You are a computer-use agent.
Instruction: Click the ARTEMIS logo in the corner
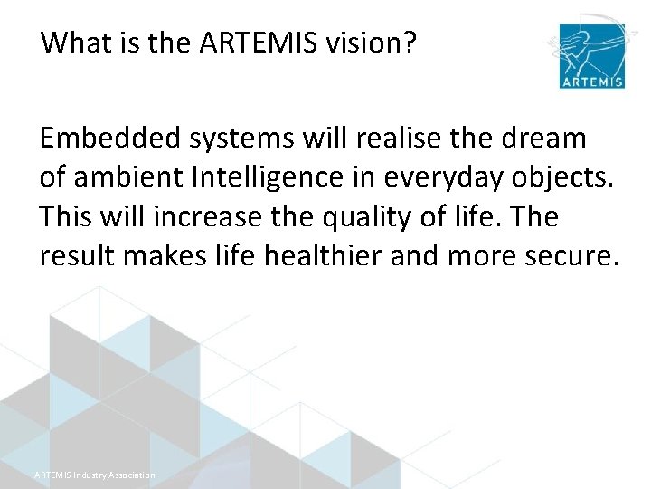[x=590, y=52]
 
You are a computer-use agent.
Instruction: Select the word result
[x=77, y=257]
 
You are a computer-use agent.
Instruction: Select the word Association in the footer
[x=134, y=475]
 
